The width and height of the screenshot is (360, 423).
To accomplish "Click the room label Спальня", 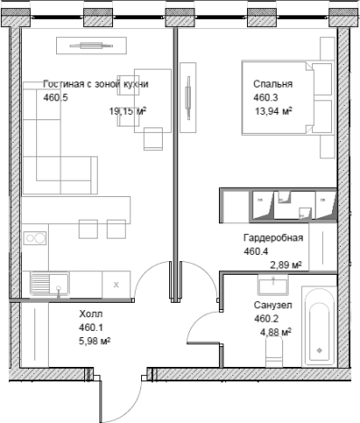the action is tap(273, 84).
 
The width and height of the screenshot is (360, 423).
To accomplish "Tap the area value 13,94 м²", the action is tap(274, 111).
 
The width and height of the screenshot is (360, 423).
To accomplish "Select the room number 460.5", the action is tap(55, 98).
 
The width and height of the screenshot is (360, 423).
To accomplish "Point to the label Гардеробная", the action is tap(273, 238).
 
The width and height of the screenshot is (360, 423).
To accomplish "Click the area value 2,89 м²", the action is tap(286, 265).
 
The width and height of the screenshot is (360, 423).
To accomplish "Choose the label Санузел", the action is tap(273, 305).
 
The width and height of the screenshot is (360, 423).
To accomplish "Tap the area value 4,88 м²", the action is tap(276, 333).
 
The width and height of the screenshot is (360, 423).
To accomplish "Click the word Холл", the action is tap(90, 314).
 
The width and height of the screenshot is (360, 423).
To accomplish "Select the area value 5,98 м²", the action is tap(94, 341).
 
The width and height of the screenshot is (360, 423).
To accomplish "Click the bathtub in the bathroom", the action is tap(319, 326).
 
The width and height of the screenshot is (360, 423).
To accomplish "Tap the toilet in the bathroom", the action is tap(274, 352).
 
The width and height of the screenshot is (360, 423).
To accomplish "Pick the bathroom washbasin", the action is tap(273, 285).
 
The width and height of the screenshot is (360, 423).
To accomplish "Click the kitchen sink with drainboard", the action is tap(50, 285).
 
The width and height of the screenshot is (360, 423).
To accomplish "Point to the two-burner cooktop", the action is tap(35, 238).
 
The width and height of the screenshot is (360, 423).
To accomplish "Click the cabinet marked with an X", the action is tap(117, 285).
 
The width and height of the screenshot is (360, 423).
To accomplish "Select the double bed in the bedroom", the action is tap(289, 98).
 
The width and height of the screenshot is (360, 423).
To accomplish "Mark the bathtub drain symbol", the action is tap(319, 351).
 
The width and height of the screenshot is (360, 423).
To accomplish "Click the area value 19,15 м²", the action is tap(128, 111).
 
